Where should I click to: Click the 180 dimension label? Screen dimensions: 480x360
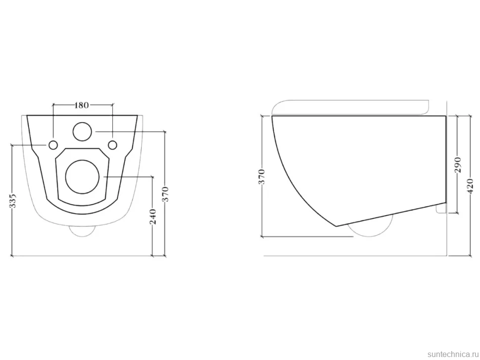[x=82, y=105]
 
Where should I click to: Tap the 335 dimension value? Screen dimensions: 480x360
[x=14, y=201]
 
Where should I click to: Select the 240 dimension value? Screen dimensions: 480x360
[x=153, y=217]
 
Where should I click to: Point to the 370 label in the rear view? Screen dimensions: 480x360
[x=166, y=194]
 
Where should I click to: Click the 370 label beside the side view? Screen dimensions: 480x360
[x=262, y=177]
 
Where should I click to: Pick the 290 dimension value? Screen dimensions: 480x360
[x=458, y=165]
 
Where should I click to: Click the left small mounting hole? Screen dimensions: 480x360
[x=53, y=145]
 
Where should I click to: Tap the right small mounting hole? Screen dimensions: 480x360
[x=113, y=145]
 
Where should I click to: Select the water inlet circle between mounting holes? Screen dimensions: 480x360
[x=82, y=132]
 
